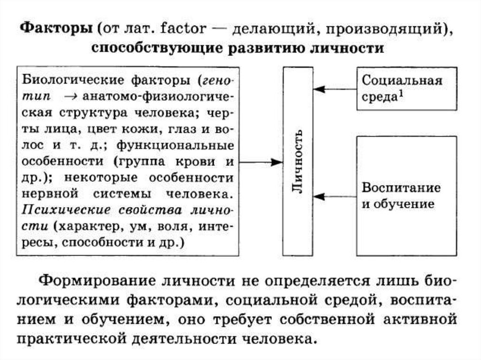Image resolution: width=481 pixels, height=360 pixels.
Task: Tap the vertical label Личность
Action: pos(298,161)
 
